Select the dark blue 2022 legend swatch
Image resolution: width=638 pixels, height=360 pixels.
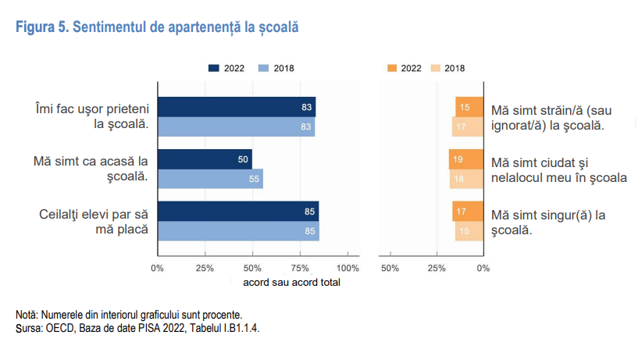pyautogui.click(x=214, y=68)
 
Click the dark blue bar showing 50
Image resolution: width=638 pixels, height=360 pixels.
pyautogui.click(x=205, y=159)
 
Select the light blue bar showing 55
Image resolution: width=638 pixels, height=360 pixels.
pyautogui.click(x=210, y=179)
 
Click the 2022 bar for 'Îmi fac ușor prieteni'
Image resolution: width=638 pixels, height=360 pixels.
pyautogui.click(x=237, y=107)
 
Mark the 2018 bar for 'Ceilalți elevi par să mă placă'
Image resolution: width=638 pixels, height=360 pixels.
pyautogui.click(x=238, y=231)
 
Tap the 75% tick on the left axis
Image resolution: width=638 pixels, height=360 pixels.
pyautogui.click(x=301, y=268)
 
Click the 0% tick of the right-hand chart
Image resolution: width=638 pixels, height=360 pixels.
pyautogui.click(x=483, y=268)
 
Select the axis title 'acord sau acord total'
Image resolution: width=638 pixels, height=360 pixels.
pyautogui.click(x=291, y=282)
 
